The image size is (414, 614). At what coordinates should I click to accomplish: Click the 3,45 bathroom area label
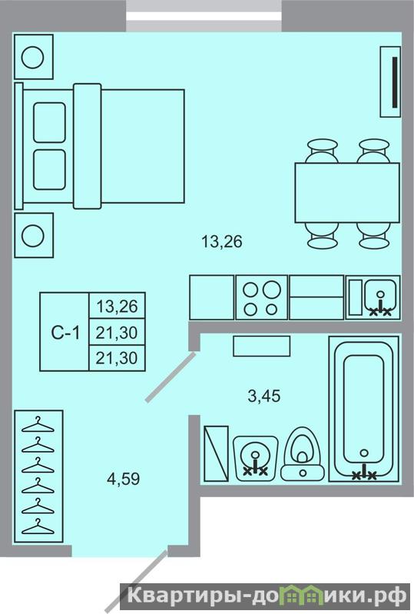tap(264, 396)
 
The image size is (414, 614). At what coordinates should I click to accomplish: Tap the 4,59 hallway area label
tap(123, 479)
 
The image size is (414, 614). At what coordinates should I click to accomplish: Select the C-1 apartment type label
tap(65, 333)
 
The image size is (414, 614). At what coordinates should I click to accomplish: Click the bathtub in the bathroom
tap(363, 409)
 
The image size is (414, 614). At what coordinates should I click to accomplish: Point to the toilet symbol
tap(303, 453)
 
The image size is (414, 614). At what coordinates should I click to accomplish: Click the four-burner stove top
tap(262, 297)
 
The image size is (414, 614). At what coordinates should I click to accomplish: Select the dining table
tap(347, 193)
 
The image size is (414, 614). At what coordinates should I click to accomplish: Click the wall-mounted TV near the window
tap(390, 81)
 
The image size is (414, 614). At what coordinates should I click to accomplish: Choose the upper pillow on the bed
tap(49, 122)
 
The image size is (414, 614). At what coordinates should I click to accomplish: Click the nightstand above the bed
tap(34, 57)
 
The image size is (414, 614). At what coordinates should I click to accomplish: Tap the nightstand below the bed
tap(34, 235)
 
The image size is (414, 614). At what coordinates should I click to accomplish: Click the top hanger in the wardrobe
tap(38, 424)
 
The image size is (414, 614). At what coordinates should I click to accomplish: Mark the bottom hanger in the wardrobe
tap(38, 526)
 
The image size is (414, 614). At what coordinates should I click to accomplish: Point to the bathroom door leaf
tap(171, 377)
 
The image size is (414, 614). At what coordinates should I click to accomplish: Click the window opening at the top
tap(204, 15)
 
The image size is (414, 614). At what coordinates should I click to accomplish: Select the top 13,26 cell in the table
tap(117, 306)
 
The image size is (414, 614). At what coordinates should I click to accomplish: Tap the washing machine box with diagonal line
tap(216, 453)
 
